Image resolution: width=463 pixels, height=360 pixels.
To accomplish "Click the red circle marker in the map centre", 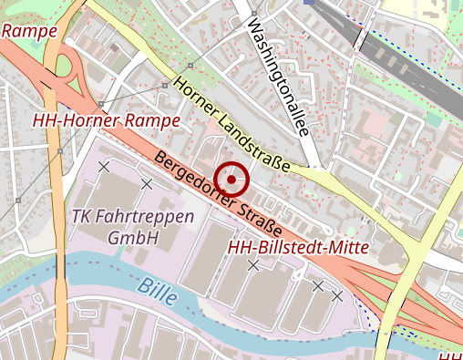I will tap(232, 180).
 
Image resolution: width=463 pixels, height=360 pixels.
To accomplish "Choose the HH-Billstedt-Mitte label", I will tap(297, 247).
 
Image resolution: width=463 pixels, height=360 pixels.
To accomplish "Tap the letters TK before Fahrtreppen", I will tap(81, 218).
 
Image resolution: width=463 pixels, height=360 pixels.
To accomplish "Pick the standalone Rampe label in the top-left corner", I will tap(30, 31).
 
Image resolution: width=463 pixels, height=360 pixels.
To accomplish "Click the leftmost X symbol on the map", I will tap(104, 167).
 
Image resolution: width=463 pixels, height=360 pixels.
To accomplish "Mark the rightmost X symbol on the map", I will tap(337, 295).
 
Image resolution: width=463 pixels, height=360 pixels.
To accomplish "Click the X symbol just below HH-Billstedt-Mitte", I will tap(253, 265).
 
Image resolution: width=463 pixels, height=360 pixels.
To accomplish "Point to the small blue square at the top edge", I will tap(309, 3).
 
